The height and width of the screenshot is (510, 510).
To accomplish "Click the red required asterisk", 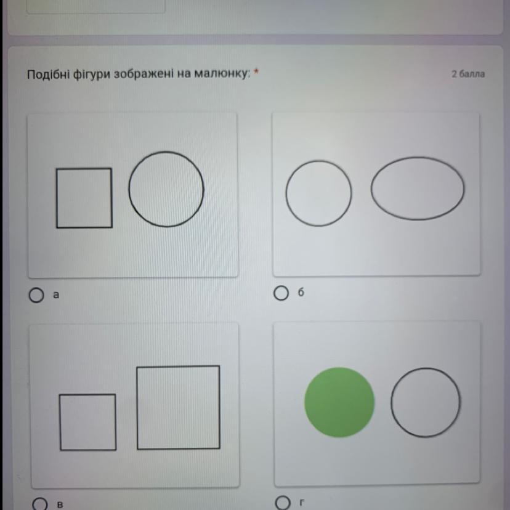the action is click(x=256, y=71).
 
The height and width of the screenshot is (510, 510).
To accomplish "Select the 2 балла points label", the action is click(x=468, y=74).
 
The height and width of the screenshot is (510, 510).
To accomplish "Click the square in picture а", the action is click(x=56, y=198).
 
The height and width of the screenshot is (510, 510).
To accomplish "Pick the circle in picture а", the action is click(x=129, y=189).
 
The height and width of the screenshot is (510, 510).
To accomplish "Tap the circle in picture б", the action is click(x=286, y=193).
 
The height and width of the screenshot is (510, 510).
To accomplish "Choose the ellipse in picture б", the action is click(x=371, y=188).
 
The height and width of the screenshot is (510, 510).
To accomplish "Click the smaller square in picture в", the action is click(x=60, y=422).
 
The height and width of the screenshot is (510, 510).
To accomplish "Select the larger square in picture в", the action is click(x=137, y=408).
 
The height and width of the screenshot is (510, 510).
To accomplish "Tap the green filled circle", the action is click(x=339, y=402).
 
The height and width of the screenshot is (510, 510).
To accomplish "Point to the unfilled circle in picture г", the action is click(x=391, y=403).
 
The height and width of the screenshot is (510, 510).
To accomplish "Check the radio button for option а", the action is click(x=36, y=295).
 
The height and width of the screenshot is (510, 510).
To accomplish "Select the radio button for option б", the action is click(x=281, y=293).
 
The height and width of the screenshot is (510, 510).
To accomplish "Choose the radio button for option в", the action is click(x=39, y=504).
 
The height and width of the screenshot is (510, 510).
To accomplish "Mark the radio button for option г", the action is click(x=282, y=503).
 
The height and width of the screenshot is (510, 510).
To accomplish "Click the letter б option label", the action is click(x=301, y=293).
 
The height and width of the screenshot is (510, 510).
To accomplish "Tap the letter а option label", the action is click(x=56, y=295).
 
